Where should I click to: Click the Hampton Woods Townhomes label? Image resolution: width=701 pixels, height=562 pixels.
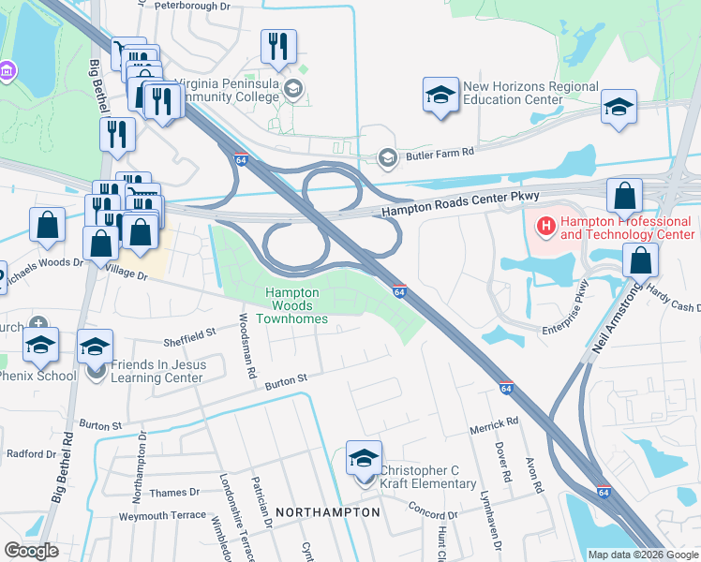[297, 305]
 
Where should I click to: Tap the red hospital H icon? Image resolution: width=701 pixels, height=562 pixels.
[544, 226]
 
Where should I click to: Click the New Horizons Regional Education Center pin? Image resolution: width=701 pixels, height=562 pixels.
[440, 96]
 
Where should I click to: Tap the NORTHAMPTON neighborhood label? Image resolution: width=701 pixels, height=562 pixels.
[327, 512]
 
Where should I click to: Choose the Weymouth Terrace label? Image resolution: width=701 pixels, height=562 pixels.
[161, 516]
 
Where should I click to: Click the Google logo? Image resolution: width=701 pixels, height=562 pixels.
[31, 551]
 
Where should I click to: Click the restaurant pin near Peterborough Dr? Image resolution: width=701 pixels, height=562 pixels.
[278, 46]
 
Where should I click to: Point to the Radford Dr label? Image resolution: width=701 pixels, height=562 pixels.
[32, 454]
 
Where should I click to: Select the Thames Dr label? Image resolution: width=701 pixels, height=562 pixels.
[174, 492]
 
